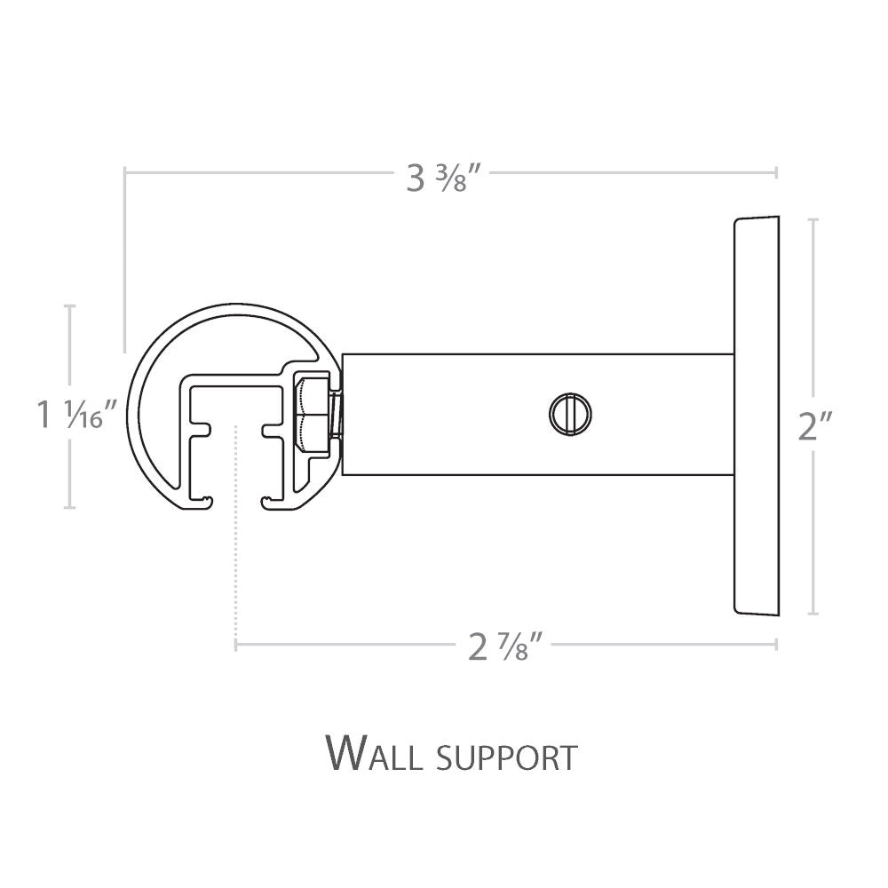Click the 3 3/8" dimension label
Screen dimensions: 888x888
(444, 179)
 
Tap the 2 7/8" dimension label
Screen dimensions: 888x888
(506, 647)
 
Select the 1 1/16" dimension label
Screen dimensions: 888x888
(77, 414)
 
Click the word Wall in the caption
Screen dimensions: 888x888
(375, 753)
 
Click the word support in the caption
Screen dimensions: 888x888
(507, 758)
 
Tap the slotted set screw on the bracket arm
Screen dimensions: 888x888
(570, 414)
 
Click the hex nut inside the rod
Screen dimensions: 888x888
(312, 414)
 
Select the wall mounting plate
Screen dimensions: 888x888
(756, 415)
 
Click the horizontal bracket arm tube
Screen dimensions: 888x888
(538, 415)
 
